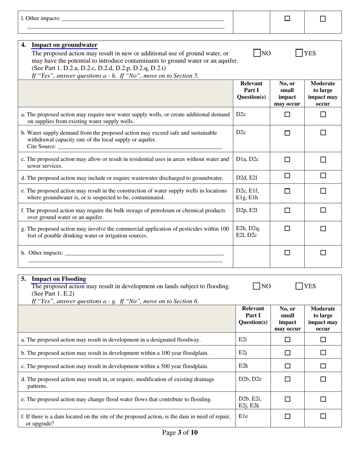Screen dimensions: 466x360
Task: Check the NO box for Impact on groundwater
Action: click(257, 53)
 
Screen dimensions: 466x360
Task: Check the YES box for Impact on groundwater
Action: click(299, 53)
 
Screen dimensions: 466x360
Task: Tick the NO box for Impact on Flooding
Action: click(257, 286)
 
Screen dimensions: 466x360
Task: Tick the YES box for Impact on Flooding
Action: click(299, 286)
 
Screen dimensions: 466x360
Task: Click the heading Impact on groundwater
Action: click(64, 45)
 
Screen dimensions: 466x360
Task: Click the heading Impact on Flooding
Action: click(59, 279)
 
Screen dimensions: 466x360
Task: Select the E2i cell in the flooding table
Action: click(243, 339)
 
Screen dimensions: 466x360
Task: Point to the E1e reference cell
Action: click(243, 416)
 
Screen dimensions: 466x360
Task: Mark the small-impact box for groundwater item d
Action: click(287, 176)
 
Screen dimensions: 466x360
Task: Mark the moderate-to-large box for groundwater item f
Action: click(323, 210)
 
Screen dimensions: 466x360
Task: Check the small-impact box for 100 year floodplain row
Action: click(287, 353)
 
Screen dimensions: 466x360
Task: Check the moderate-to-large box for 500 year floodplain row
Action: click(323, 366)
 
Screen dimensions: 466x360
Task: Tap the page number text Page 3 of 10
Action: click(180, 432)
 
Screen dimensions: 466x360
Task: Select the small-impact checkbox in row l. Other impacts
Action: click(287, 19)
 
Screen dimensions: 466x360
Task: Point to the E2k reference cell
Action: click(243, 366)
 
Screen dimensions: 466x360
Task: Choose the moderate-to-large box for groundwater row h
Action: click(323, 253)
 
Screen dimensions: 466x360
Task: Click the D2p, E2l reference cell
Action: click(247, 210)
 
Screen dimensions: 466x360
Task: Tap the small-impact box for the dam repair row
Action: click(287, 416)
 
